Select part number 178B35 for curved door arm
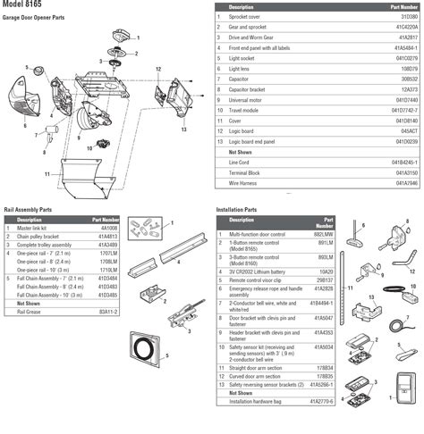tap(329, 377)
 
